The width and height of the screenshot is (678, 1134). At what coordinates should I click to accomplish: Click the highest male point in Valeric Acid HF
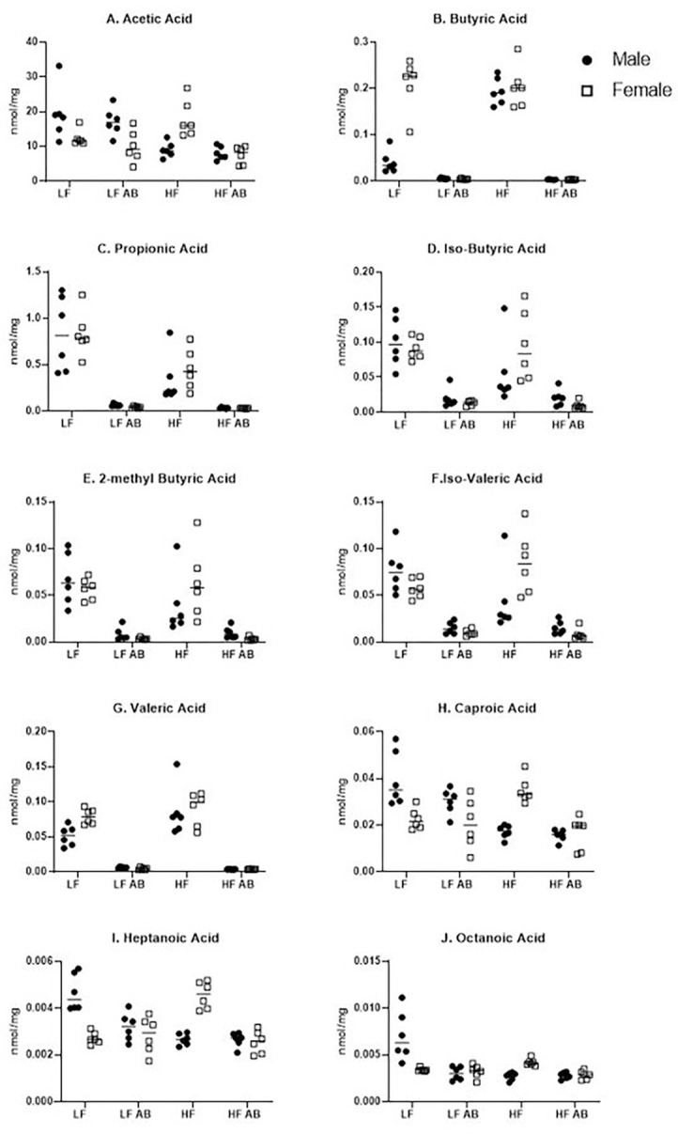(x=176, y=764)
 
